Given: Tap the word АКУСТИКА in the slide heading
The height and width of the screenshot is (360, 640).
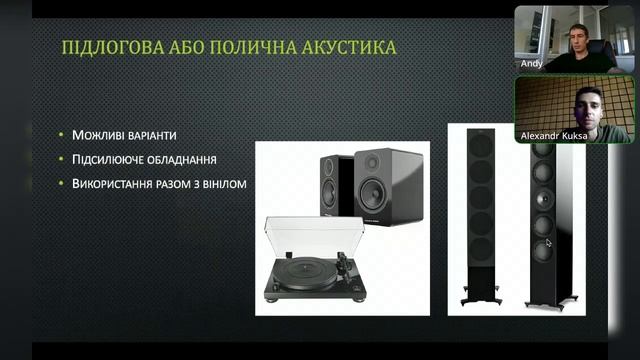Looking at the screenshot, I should coord(341,47).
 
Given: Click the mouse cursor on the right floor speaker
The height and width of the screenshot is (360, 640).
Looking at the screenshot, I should coord(549,242).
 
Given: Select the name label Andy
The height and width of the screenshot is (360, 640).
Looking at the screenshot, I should coord(531,62).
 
